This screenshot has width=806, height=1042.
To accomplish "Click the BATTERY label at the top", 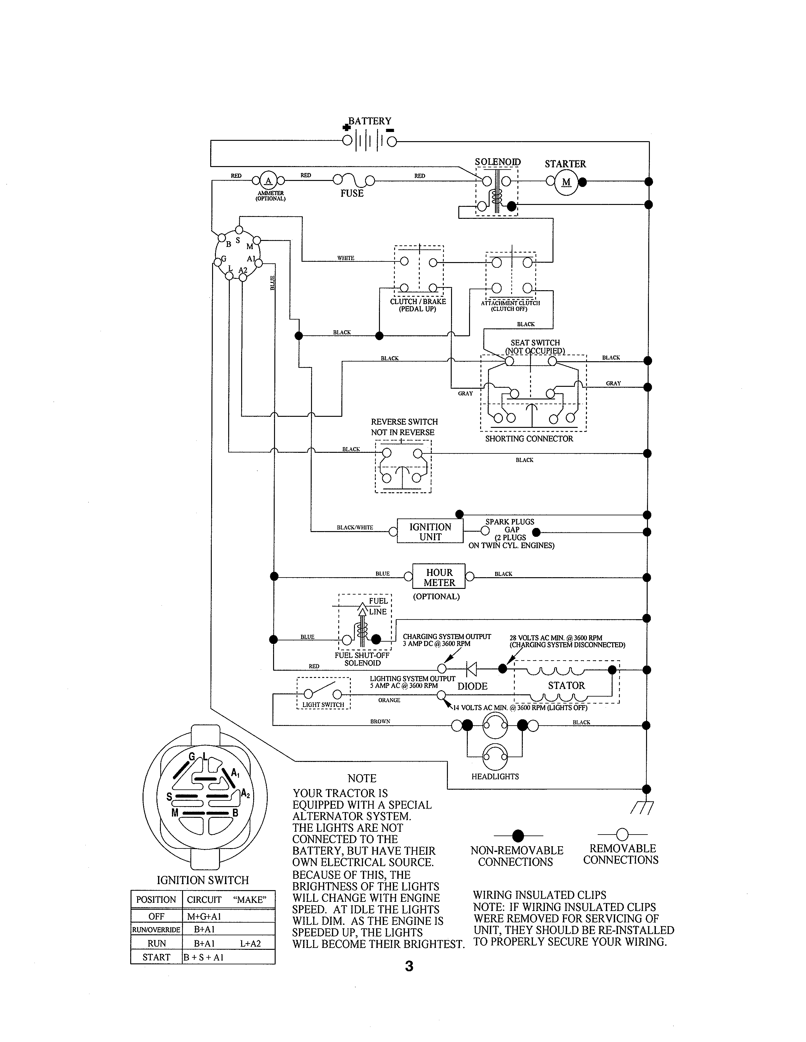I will pyautogui.click(x=369, y=121).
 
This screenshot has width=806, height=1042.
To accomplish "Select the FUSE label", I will pyautogui.click(x=352, y=193).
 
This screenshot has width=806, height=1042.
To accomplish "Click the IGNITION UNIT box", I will pyautogui.click(x=430, y=531).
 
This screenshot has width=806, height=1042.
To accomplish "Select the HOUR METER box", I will pyautogui.click(x=439, y=577).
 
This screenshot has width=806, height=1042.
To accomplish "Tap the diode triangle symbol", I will pyautogui.click(x=471, y=670).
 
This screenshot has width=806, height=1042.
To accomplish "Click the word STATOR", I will pyautogui.click(x=566, y=686).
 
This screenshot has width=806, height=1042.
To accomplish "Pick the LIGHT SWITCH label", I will pyautogui.click(x=323, y=705).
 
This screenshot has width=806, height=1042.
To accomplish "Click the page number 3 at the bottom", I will pyautogui.click(x=409, y=967).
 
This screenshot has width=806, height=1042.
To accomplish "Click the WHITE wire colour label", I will pyautogui.click(x=346, y=258).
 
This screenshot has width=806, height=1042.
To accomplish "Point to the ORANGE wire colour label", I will pyautogui.click(x=389, y=700).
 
